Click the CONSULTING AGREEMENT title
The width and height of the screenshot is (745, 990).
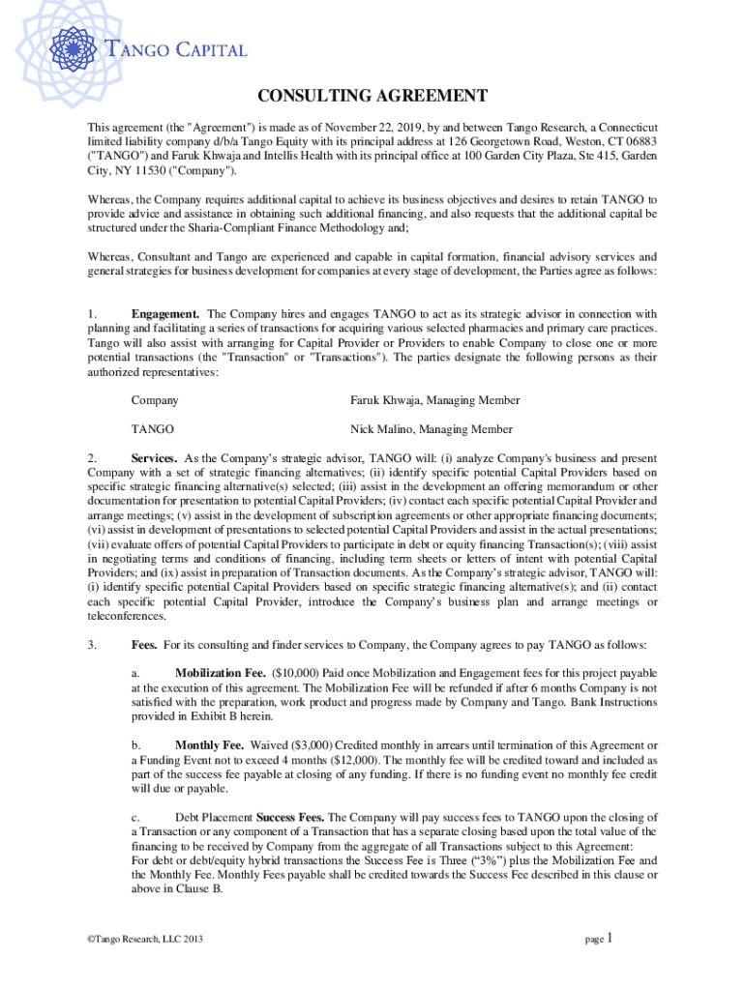pyautogui.click(x=372, y=96)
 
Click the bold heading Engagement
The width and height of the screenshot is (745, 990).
pyautogui.click(x=165, y=313)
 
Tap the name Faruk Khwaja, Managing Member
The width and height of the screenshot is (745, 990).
pyautogui.click(x=434, y=400)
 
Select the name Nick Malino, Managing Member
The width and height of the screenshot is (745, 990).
pyautogui.click(x=431, y=429)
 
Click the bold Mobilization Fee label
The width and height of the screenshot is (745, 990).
pyautogui.click(x=220, y=673)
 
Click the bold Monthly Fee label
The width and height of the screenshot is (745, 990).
pyautogui.click(x=209, y=745)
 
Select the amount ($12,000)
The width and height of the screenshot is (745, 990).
pyautogui.click(x=371, y=760)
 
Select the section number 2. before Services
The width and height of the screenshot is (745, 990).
pyautogui.click(x=92, y=457)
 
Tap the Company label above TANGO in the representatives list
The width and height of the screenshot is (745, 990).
pyautogui.click(x=154, y=400)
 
